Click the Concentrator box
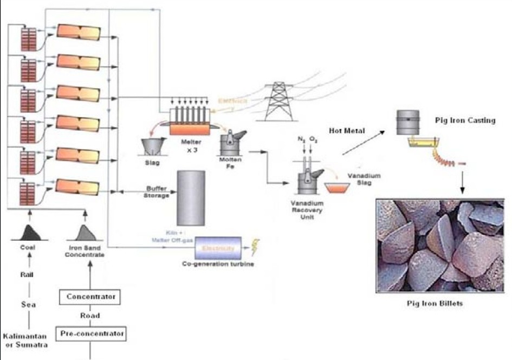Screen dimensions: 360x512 (x=89, y=297)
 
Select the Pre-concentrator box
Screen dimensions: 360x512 (x=92, y=332)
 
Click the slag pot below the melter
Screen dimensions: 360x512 (x=153, y=146)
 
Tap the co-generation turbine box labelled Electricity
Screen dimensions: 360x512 (x=218, y=248)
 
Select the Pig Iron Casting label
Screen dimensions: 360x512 (x=465, y=120)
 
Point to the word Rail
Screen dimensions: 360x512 (x=27, y=275)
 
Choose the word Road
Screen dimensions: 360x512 (x=89, y=315)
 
